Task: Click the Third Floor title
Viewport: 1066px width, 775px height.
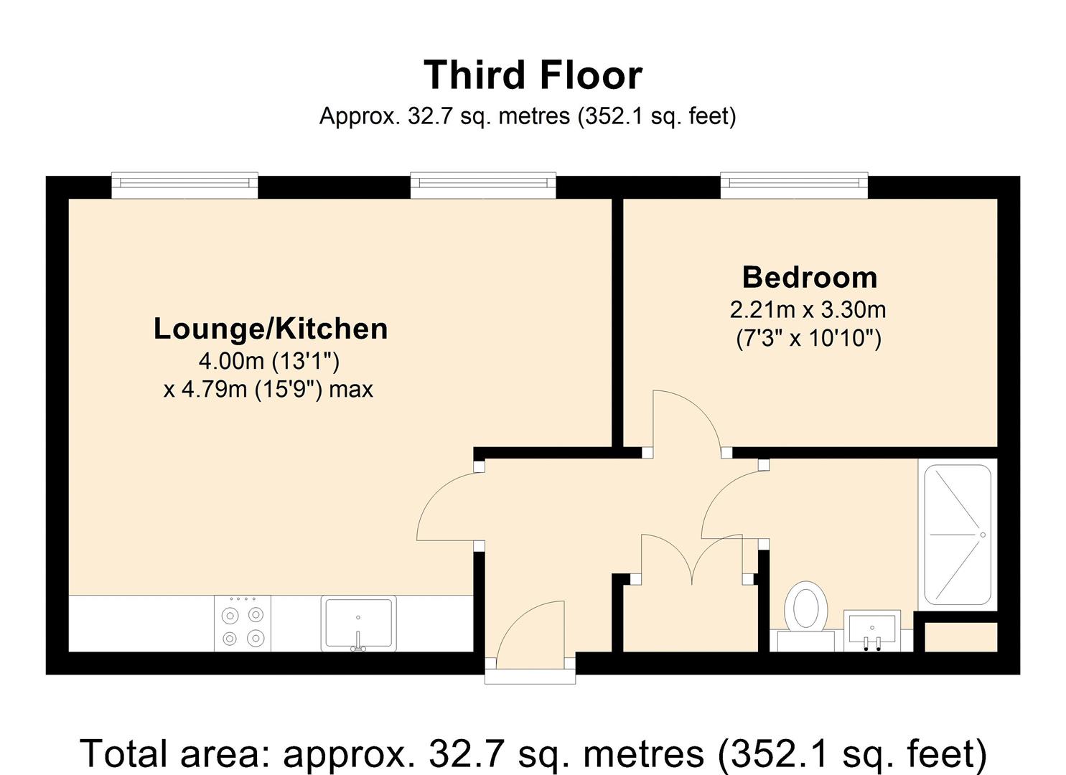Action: [x=533, y=75]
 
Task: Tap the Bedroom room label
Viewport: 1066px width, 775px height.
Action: [x=809, y=278]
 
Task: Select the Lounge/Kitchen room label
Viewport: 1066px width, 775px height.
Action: [x=271, y=329]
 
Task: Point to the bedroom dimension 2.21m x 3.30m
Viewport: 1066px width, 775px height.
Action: [x=808, y=310]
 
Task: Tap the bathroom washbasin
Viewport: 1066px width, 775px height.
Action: [x=871, y=630]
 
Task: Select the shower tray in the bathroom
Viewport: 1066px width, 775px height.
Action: [x=958, y=535]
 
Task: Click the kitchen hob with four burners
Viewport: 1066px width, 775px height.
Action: [x=243, y=624]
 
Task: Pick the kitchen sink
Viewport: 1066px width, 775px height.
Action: [x=358, y=623]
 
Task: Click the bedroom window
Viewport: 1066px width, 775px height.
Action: [x=794, y=185]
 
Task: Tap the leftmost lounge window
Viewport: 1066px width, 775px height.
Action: [x=184, y=185]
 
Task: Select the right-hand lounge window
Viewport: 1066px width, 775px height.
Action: [x=483, y=185]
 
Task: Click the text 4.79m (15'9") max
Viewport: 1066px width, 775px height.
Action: [x=268, y=390]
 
